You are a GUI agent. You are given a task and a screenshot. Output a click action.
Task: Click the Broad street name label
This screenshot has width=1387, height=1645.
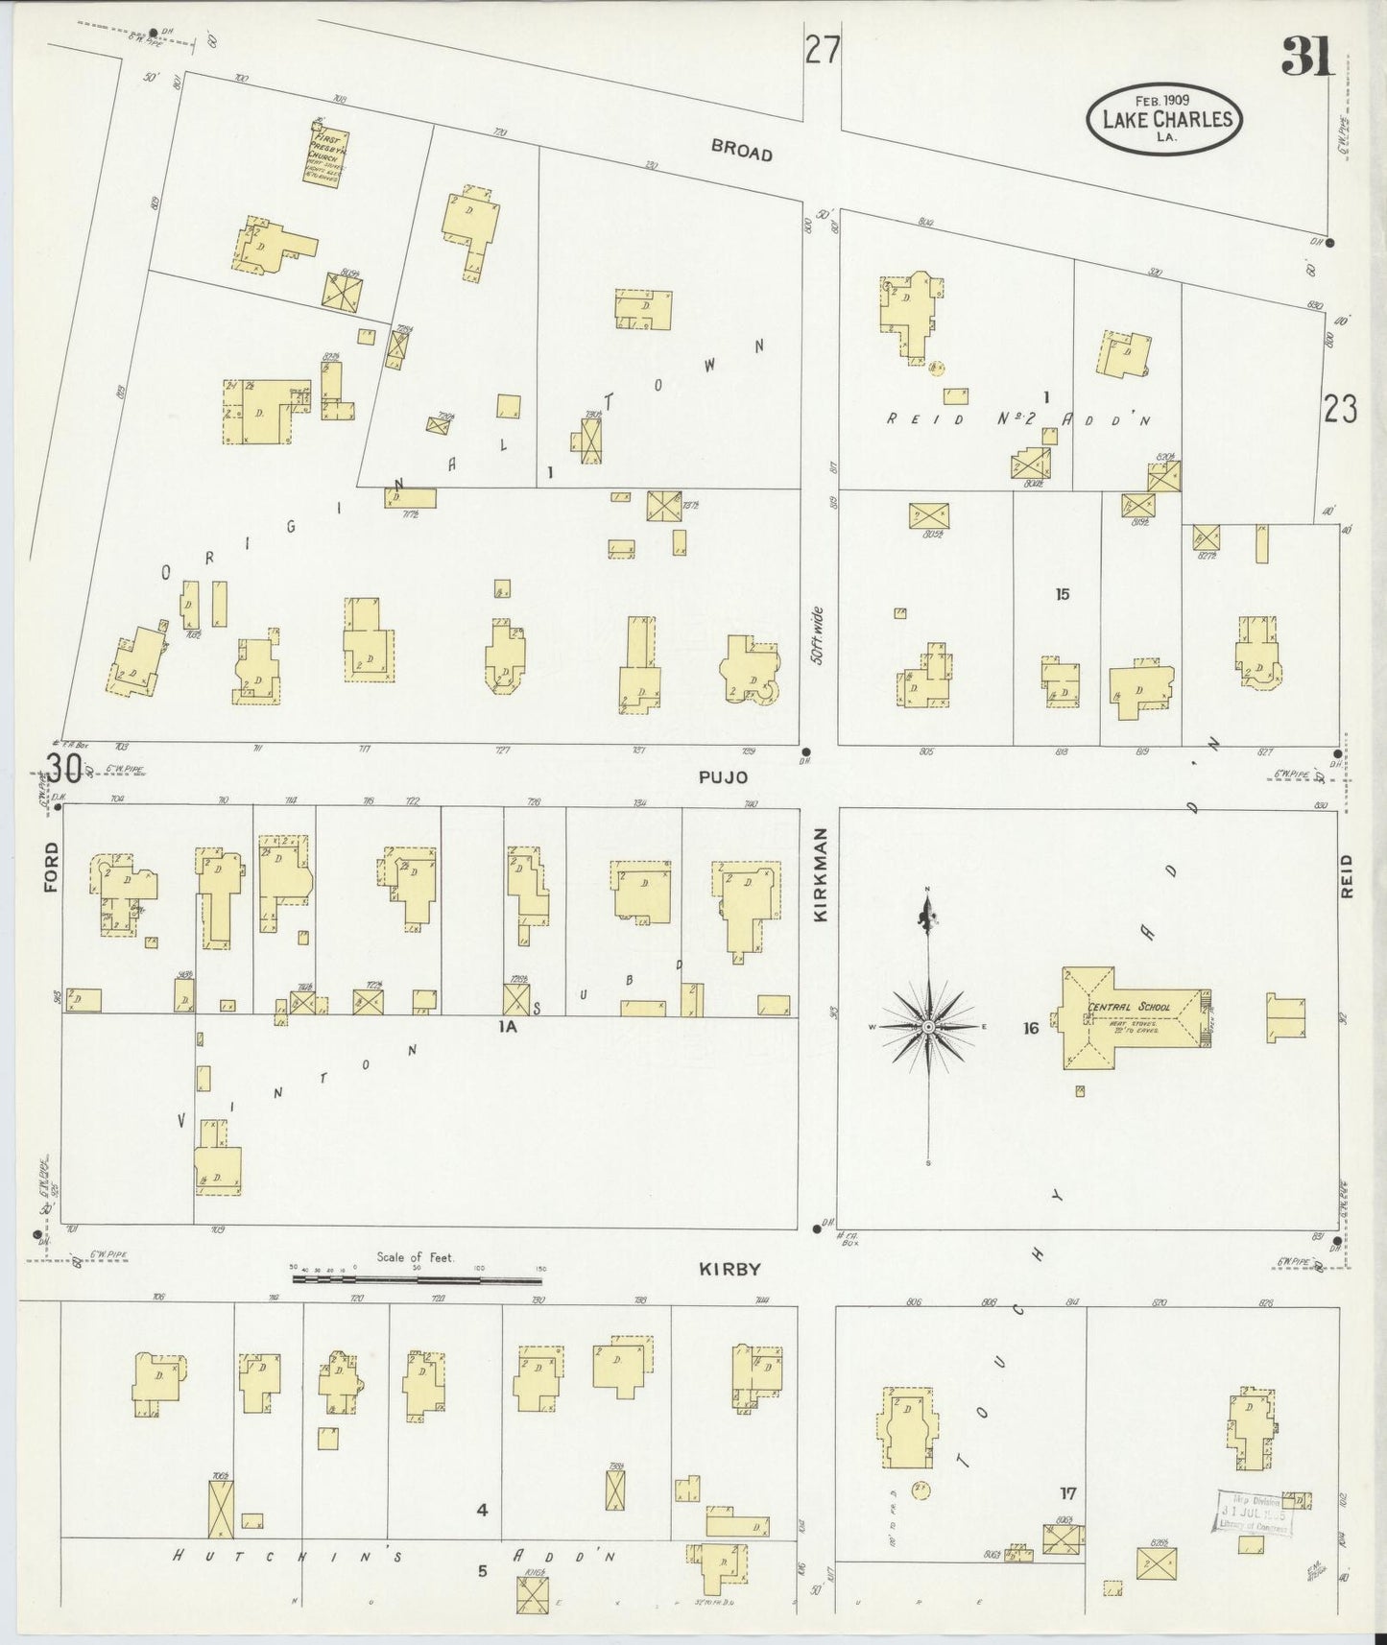(x=741, y=150)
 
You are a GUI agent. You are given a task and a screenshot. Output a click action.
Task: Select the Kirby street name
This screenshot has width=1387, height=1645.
(x=729, y=1268)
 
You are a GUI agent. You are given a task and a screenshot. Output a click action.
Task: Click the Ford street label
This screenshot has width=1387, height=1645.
(x=51, y=867)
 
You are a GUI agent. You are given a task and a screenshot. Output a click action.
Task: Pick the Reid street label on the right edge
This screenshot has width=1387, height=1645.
(x=1346, y=875)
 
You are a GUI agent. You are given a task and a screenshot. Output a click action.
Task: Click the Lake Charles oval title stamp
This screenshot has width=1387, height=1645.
(x=1164, y=119)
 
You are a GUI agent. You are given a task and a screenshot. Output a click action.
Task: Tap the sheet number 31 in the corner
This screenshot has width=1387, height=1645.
(x=1306, y=60)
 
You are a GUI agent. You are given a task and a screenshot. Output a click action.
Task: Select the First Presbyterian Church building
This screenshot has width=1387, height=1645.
(x=326, y=156)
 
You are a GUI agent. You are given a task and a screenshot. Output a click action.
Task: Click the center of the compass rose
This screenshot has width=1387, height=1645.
(x=928, y=1027)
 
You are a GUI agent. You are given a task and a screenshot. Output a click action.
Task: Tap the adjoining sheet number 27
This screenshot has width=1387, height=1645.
(x=823, y=50)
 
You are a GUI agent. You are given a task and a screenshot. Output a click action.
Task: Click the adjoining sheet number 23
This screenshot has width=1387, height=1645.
(x=1339, y=410)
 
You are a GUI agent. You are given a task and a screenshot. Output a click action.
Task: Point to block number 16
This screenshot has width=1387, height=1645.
(x=1031, y=1028)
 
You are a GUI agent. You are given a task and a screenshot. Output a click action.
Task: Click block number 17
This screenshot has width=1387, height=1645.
(x=1067, y=1492)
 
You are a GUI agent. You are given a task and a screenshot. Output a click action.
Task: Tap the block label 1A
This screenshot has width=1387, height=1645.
(x=507, y=1026)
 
